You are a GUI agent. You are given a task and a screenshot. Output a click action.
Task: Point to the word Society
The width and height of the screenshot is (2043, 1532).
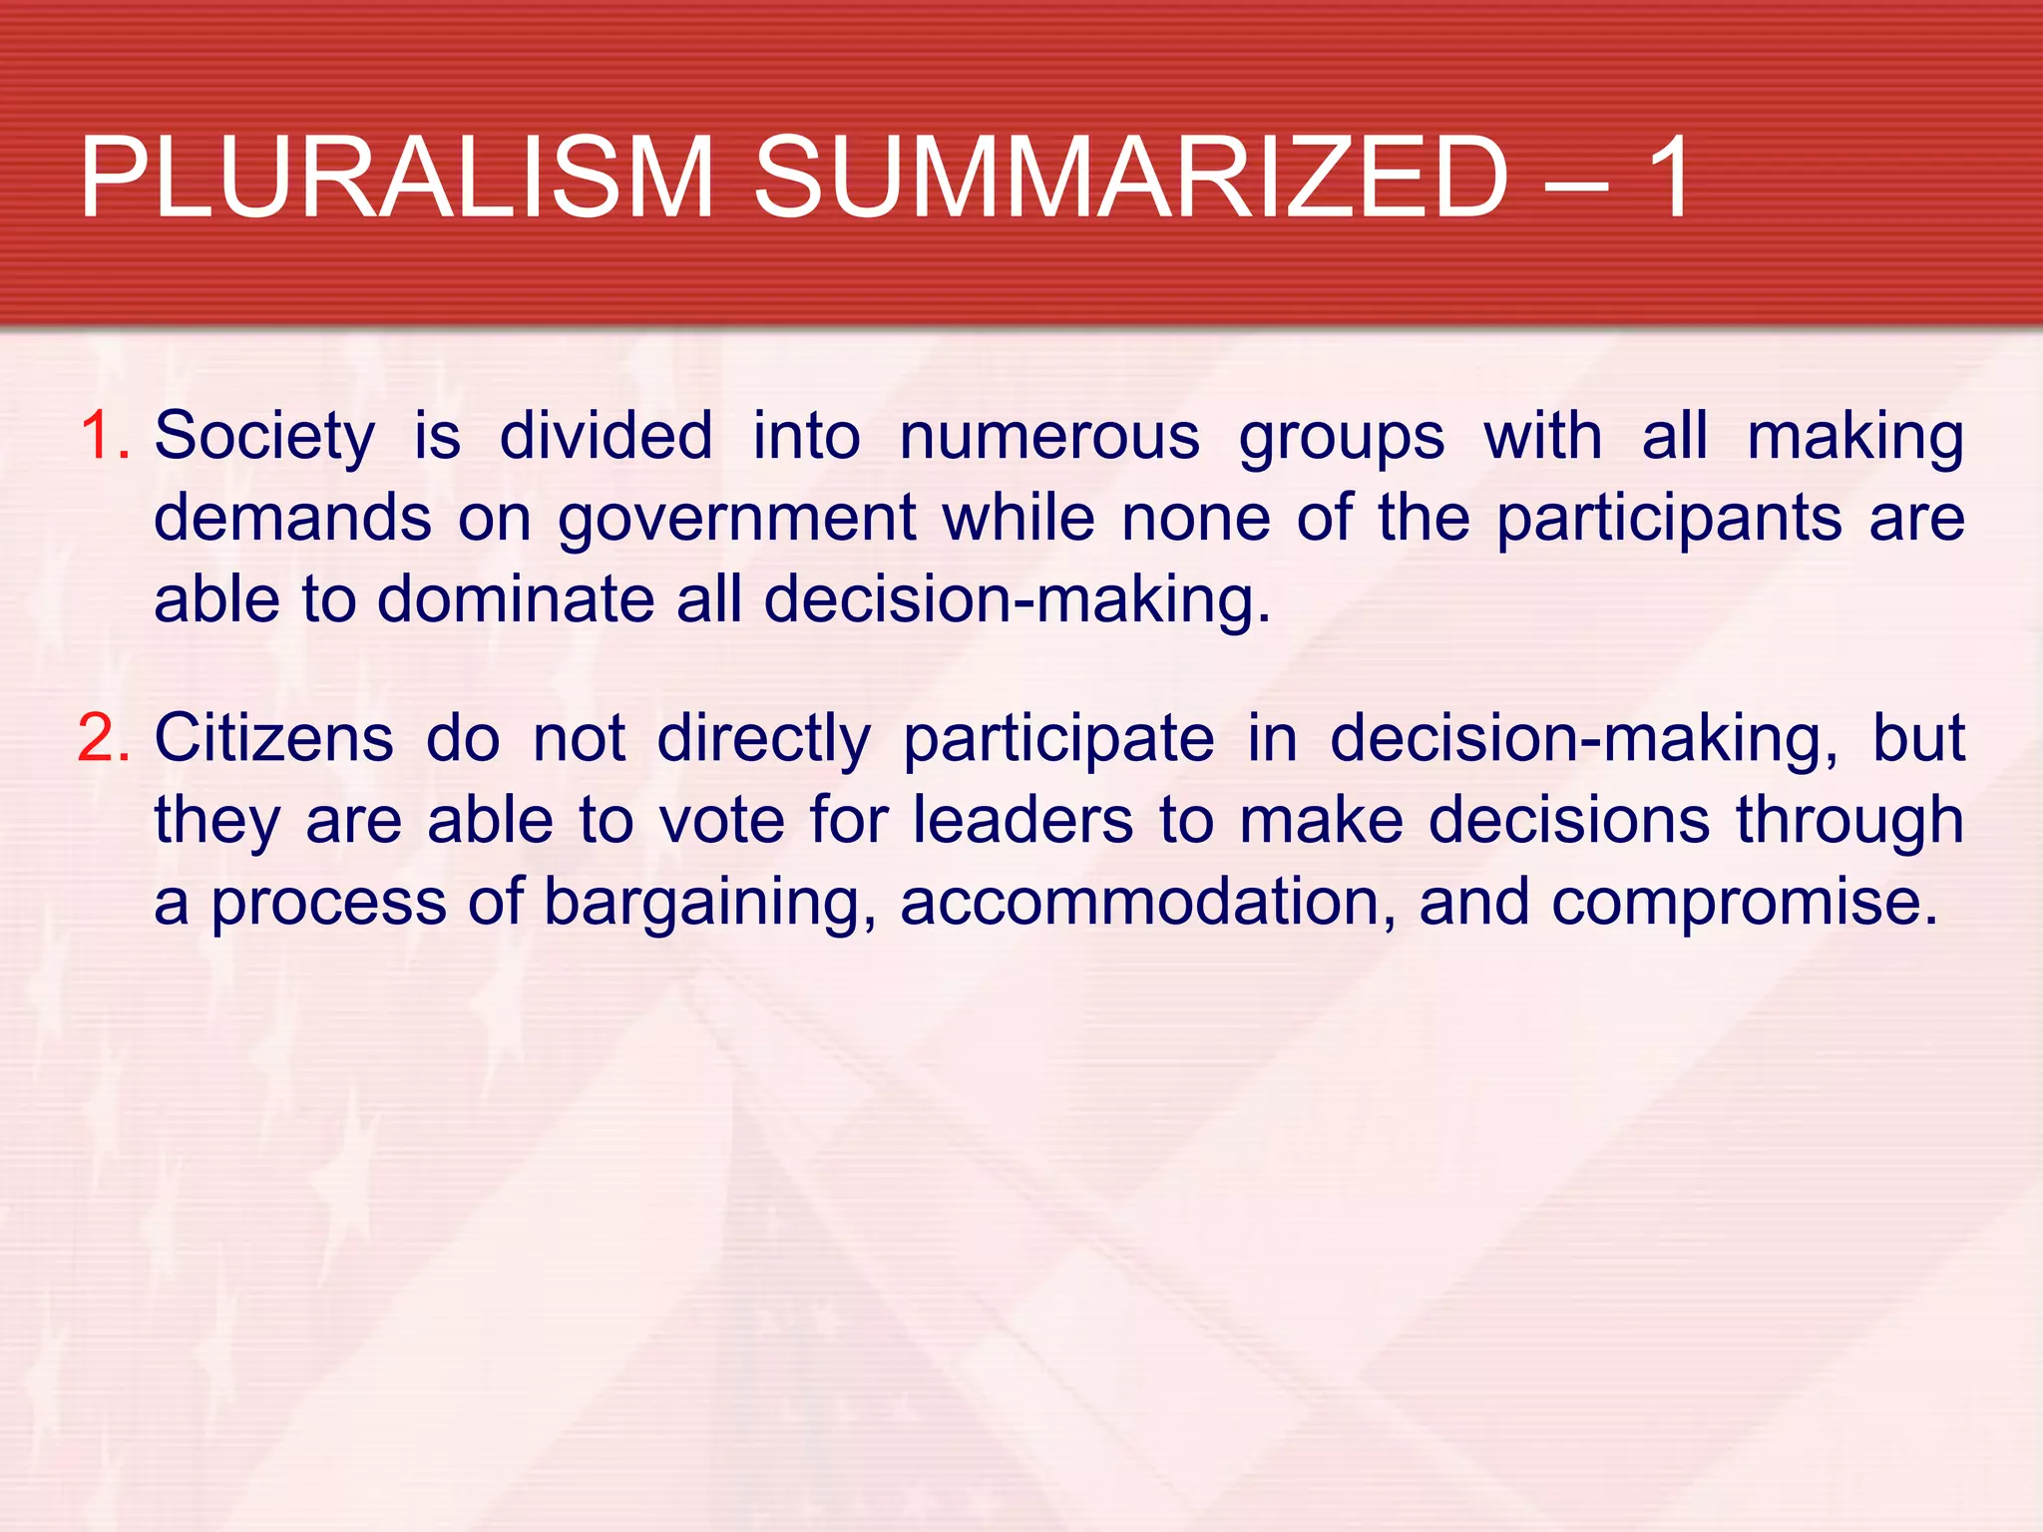pos(264,438)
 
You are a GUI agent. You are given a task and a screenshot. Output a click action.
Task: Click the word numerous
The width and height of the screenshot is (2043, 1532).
pos(1049,438)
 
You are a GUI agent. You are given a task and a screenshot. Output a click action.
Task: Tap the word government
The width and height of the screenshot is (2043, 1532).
pos(736,520)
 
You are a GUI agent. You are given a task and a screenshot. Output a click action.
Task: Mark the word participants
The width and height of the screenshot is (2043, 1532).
pos(1669,520)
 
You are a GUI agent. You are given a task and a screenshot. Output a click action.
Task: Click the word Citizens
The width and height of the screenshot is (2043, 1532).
pos(274,739)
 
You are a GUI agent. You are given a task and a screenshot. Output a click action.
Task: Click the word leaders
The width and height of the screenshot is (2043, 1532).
pos(1023,821)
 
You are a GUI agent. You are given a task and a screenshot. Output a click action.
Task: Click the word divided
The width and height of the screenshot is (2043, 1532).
pos(606,436)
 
